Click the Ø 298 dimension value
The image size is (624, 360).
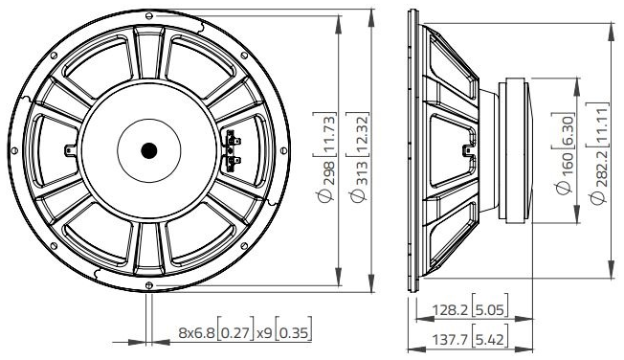(x=327, y=182)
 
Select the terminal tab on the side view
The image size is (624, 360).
(x=466, y=149)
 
